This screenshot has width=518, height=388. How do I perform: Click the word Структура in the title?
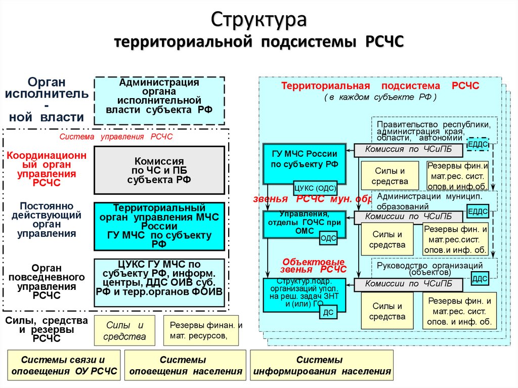(258, 20)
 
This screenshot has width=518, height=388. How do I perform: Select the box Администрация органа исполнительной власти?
(159, 101)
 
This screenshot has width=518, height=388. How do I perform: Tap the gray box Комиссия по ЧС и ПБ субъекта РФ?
(159, 170)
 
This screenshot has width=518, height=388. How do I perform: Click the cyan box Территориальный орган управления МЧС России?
(159, 226)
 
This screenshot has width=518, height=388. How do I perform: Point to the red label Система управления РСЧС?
(116, 137)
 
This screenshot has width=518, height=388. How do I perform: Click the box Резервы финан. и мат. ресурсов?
(205, 330)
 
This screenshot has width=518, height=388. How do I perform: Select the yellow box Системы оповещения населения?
(183, 366)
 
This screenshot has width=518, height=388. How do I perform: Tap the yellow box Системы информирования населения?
(322, 366)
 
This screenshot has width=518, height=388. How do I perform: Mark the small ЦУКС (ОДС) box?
(317, 188)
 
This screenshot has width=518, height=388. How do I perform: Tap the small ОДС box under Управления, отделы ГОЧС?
(328, 238)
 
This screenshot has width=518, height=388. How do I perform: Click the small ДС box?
(328, 313)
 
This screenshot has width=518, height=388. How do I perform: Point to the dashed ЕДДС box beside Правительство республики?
(478, 144)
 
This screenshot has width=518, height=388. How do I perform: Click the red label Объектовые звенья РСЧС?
(313, 266)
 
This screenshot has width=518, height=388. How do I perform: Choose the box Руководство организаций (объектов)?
(434, 268)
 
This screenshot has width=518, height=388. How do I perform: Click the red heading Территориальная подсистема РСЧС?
(380, 86)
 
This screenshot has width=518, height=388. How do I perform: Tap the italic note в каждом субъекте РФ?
(380, 97)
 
